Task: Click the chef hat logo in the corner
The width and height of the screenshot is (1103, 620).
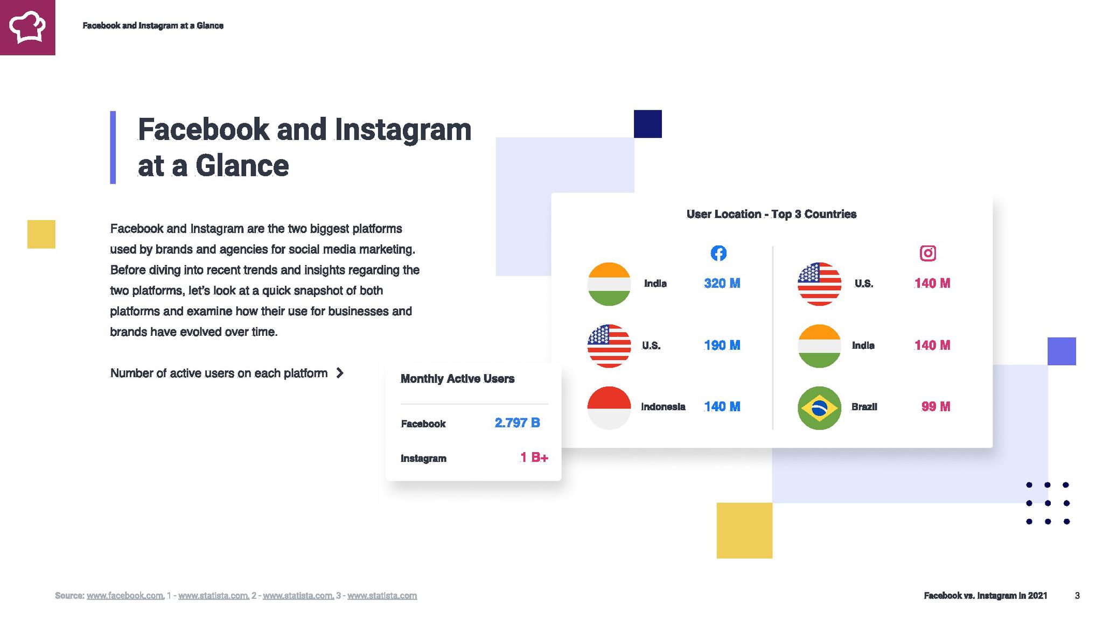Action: [27, 27]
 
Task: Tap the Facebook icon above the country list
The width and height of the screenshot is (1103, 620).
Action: [718, 253]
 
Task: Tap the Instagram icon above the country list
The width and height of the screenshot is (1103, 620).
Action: [927, 253]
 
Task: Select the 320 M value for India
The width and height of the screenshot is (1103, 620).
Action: [722, 283]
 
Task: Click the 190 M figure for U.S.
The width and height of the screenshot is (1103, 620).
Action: [722, 345]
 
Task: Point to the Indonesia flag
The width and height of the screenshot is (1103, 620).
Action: [609, 407]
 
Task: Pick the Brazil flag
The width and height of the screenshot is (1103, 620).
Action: [819, 407]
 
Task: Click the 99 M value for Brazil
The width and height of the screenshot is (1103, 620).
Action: [936, 406]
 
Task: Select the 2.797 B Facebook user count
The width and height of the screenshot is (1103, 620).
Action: [517, 422]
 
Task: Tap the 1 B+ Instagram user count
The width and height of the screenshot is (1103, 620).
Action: [534, 457]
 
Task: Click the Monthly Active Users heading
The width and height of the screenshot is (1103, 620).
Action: [457, 379]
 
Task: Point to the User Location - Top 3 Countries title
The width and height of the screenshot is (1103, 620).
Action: [771, 214]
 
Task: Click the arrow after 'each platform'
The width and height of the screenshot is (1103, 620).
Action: [339, 373]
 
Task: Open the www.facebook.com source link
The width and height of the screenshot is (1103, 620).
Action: [125, 595]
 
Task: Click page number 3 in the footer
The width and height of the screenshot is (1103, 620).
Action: [1077, 595]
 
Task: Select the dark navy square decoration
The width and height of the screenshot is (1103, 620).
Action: [647, 124]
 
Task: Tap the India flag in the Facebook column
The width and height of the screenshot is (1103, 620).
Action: [609, 284]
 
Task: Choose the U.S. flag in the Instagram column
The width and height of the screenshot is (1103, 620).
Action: [819, 284]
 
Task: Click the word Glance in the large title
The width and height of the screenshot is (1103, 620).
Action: [242, 165]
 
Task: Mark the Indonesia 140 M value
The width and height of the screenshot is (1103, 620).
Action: [722, 406]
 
